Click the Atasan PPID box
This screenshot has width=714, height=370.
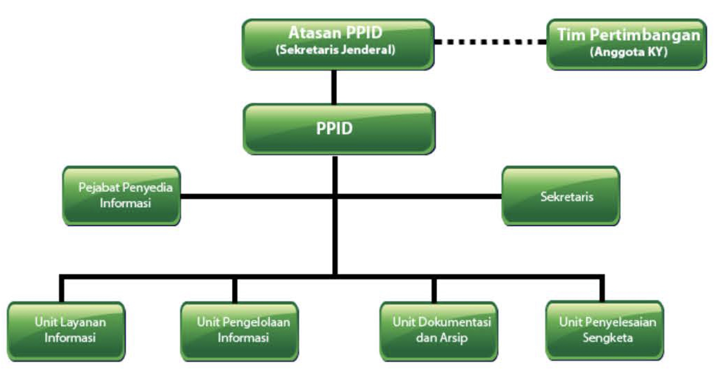pos(338,45)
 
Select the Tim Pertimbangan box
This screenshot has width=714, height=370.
pos(627,45)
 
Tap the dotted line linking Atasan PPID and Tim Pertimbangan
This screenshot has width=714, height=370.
pos(490,42)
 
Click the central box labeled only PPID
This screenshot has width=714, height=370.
pos(339,129)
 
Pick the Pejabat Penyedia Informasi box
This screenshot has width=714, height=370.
pos(122,196)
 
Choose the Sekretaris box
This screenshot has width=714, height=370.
pos(561,196)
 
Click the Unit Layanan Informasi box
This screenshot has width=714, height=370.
pos(66,331)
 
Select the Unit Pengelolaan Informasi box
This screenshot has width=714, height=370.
pos(240,331)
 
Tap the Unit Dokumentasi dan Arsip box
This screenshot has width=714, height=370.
pos(439,331)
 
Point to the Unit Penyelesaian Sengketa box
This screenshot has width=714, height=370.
pos(605,331)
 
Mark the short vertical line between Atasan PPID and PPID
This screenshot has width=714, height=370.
pos(334,87)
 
